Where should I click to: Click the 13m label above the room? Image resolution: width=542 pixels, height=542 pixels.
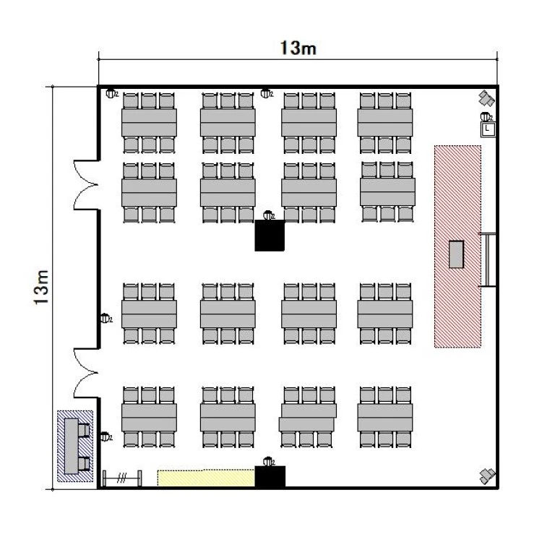click(x=298, y=48)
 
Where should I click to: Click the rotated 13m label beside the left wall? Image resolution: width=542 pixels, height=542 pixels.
click(x=42, y=288)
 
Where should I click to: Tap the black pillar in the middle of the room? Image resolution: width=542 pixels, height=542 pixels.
click(x=270, y=236)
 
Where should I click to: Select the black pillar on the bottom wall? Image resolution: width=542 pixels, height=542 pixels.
click(x=270, y=476)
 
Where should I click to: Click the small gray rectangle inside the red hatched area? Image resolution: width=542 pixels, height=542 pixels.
click(x=457, y=254)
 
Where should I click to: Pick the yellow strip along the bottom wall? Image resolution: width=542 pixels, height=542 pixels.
click(x=206, y=478)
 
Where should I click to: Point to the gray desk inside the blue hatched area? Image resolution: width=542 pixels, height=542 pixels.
click(x=72, y=443)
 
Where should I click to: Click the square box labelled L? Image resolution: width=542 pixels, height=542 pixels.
click(x=488, y=129)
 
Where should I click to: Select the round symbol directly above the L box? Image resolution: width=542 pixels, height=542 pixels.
click(x=486, y=117)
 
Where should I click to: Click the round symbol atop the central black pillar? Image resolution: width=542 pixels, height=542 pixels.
click(x=268, y=215)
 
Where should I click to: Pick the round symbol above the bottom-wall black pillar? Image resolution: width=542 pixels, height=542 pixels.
click(x=268, y=461)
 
